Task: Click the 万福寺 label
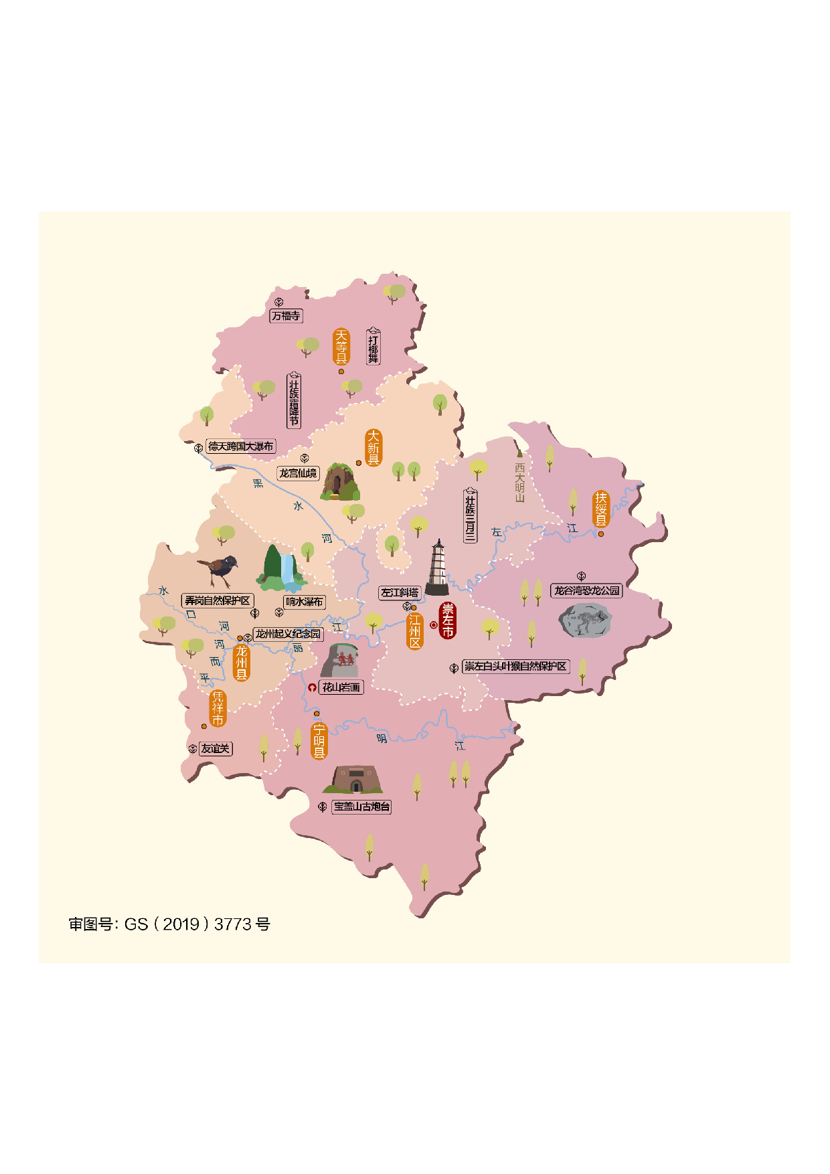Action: (286, 315)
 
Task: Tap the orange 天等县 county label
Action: (341, 346)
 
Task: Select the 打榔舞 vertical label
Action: (373, 347)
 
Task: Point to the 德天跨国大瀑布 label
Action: (240, 446)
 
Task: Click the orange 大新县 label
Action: (373, 447)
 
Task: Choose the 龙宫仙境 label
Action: (298, 473)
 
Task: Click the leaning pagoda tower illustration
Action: (437, 568)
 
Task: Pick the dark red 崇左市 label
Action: (448, 620)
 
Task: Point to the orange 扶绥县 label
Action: (601, 509)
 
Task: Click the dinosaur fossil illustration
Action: (586, 620)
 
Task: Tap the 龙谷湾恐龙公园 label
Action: (586, 590)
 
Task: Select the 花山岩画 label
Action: (341, 687)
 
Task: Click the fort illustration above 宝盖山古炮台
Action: (355, 780)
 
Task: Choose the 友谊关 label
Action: (216, 748)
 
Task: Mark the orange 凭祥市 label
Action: (218, 708)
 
